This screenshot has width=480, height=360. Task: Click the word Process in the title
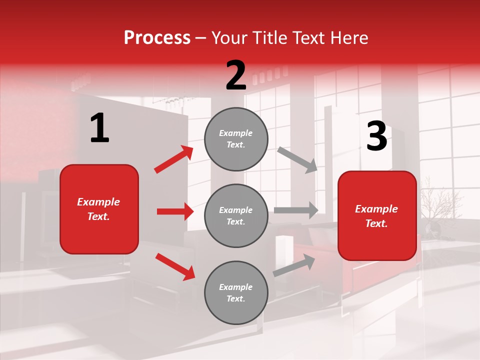coord(157,37)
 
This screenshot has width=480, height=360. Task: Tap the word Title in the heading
coord(269,37)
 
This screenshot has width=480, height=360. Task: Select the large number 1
coord(99,128)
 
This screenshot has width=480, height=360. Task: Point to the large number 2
coord(236,76)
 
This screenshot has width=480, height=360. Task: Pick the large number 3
coord(376,137)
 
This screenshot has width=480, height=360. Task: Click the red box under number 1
coord(99,209)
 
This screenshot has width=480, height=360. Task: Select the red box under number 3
coord(377,216)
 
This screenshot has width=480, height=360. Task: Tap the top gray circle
coord(236,139)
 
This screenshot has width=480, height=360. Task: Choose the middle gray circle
coord(236,216)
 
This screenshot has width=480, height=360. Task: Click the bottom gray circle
coord(236,293)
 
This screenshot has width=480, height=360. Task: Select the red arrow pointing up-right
coord(174,159)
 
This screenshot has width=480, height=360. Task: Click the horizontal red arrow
coord(175,211)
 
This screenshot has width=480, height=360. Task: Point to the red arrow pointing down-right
coord(175,266)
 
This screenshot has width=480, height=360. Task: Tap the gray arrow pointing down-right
coord(297,159)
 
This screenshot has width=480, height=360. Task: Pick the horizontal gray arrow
coord(296,210)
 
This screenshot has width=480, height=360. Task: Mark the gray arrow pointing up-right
coord(294,265)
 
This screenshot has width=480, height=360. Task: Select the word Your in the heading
coord(230,37)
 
